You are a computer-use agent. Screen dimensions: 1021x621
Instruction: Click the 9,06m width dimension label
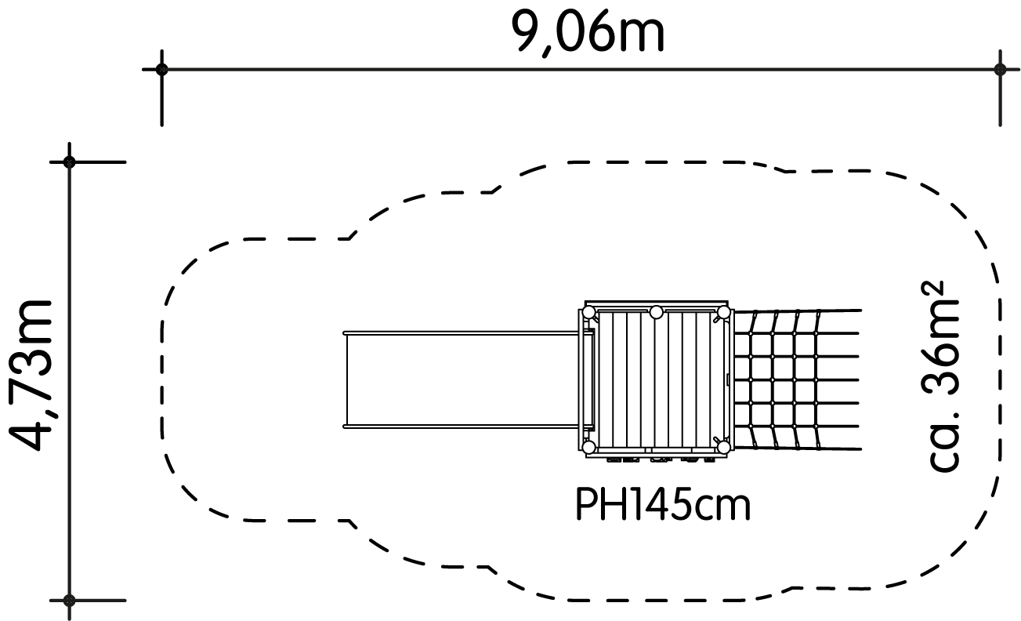tap(588, 32)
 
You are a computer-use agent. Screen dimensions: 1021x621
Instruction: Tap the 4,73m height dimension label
tap(31, 376)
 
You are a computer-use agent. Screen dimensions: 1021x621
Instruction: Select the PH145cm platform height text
tap(663, 504)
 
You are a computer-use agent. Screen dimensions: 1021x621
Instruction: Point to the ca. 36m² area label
tap(940, 376)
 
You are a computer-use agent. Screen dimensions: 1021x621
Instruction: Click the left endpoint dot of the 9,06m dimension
tap(162, 69)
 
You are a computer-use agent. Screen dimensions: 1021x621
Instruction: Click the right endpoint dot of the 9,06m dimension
tap(1000, 69)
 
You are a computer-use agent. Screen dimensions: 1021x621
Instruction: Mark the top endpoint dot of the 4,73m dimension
tap(69, 162)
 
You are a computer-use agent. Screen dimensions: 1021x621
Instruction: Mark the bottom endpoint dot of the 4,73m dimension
tap(69, 601)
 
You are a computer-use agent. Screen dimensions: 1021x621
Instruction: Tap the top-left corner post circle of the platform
tap(588, 312)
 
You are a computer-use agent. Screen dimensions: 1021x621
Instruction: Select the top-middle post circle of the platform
tap(656, 312)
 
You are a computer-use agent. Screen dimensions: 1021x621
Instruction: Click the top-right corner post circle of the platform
tap(724, 312)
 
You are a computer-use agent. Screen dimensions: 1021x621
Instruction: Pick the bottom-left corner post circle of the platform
tap(588, 447)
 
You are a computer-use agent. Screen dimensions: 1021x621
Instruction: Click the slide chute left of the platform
tap(462, 379)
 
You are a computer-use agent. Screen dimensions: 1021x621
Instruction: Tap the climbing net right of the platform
tap(797, 379)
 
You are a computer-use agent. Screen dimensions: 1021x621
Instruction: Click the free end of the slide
tap(345, 379)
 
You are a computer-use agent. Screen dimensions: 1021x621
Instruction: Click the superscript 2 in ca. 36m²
tap(930, 292)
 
